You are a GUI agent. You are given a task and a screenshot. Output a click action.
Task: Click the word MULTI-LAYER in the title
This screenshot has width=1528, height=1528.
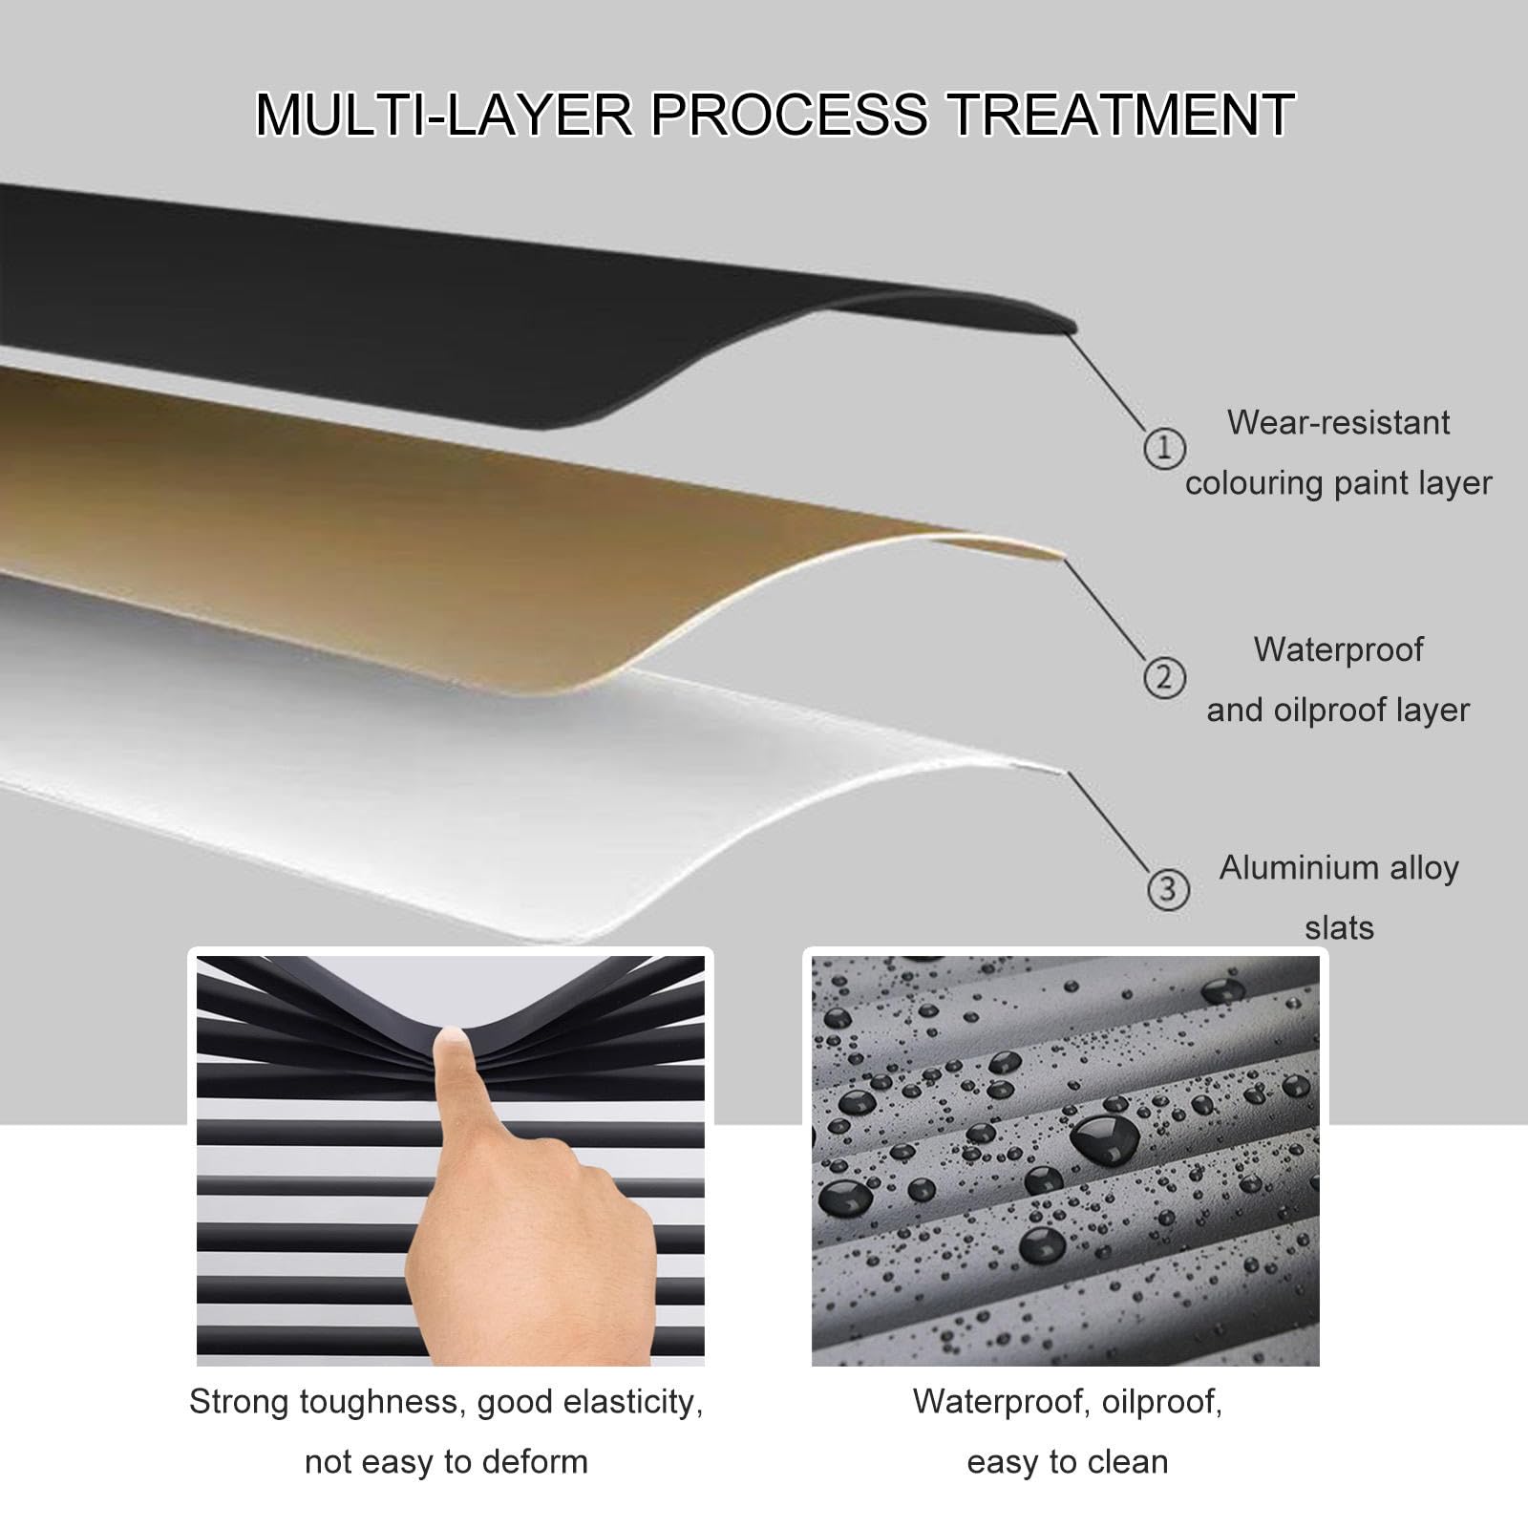click(x=444, y=115)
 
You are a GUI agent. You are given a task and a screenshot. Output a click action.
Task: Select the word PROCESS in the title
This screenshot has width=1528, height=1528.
click(x=789, y=115)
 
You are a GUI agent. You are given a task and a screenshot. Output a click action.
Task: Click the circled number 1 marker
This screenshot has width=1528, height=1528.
click(x=1164, y=448)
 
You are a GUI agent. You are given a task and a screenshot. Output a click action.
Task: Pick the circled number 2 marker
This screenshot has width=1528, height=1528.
click(x=1164, y=677)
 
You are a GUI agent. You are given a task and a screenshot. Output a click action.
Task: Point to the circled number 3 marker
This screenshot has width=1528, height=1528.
click(x=1167, y=890)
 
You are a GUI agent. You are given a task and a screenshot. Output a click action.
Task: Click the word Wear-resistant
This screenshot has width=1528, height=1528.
click(x=1339, y=422)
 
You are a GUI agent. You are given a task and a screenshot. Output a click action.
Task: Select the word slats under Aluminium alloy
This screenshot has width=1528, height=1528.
click(x=1339, y=927)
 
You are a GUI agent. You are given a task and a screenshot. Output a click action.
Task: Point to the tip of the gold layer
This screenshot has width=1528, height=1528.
click(x=1062, y=555)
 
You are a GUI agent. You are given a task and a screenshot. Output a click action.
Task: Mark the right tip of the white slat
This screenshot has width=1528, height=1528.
click(x=1064, y=770)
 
